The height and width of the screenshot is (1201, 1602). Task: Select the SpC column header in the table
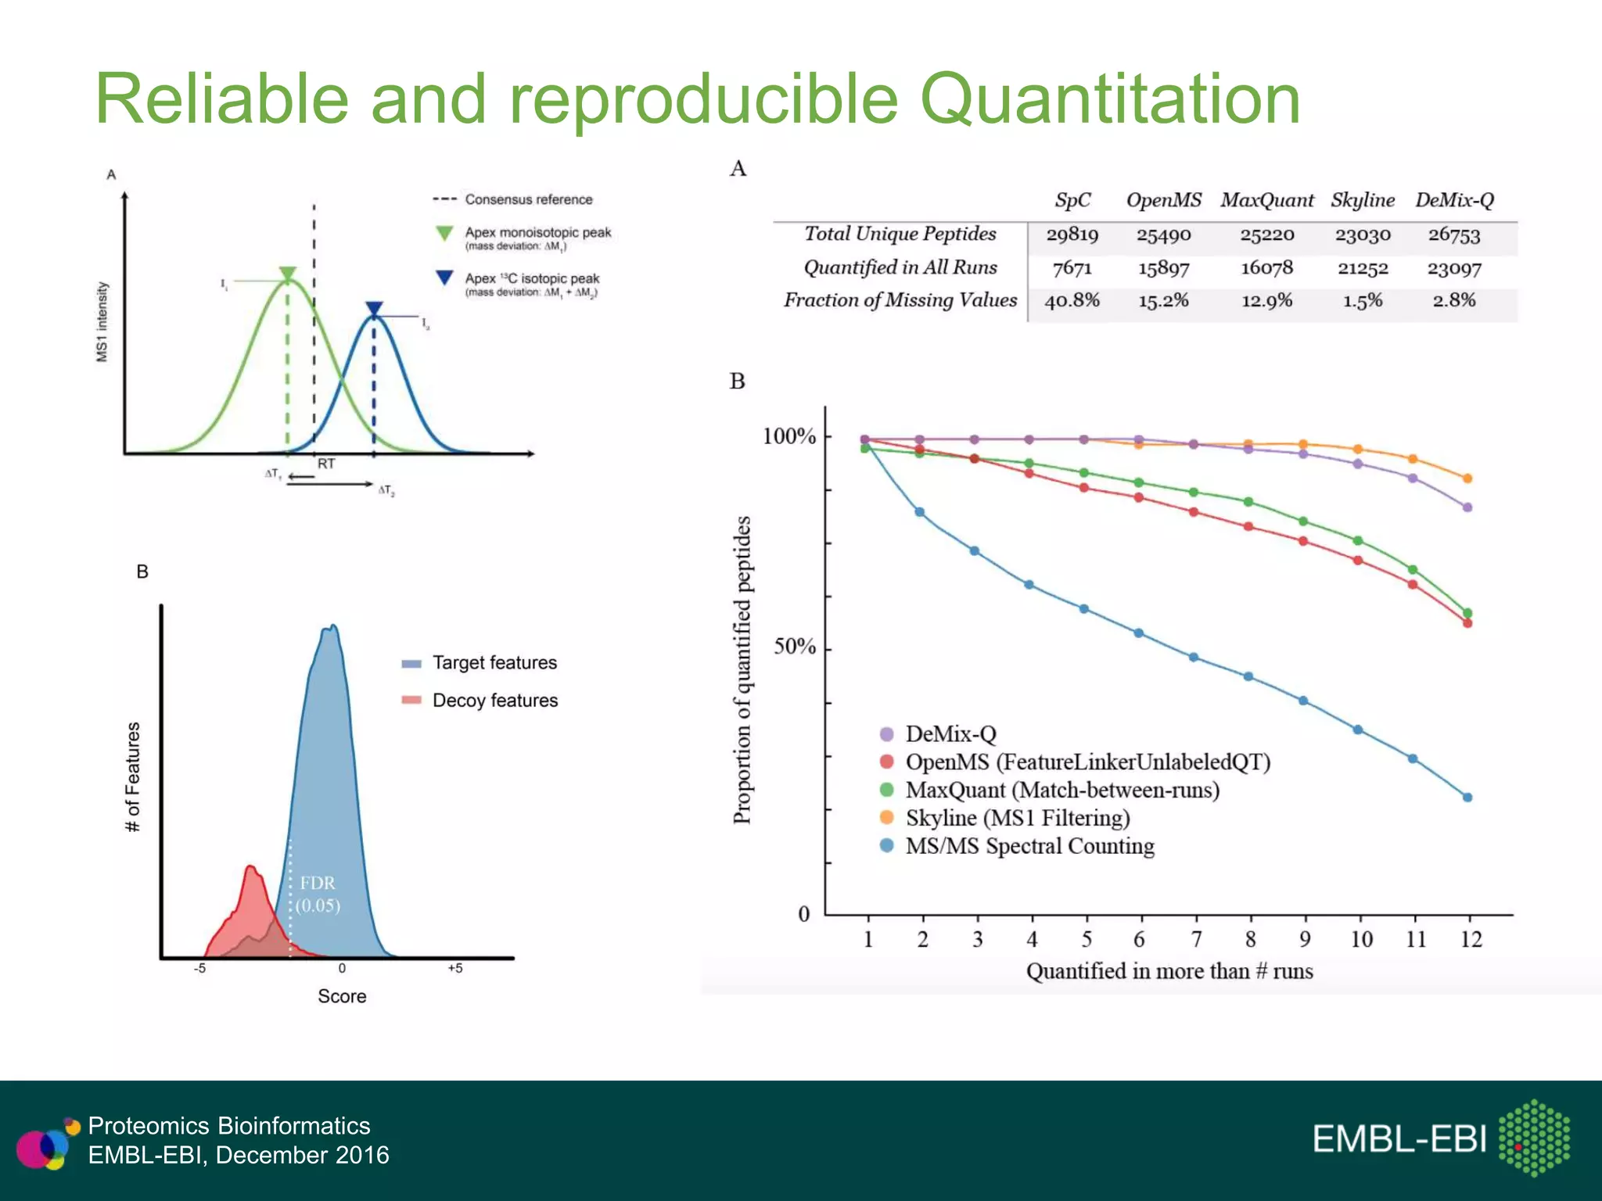point(1072,200)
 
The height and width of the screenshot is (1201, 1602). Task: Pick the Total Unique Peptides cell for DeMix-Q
point(1453,235)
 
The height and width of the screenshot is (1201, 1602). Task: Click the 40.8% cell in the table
point(1072,300)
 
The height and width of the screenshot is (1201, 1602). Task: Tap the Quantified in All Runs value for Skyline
point(1362,268)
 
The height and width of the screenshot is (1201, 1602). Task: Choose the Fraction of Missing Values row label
point(900,300)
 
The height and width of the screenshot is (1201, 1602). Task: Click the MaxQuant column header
point(1266,200)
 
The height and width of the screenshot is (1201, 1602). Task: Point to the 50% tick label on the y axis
point(794,647)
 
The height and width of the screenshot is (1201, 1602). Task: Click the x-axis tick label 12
point(1471,939)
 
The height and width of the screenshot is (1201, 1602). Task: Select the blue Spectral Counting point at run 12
point(1467,798)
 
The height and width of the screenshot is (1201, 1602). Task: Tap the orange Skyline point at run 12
point(1467,479)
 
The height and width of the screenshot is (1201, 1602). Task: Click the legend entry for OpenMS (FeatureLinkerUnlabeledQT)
point(1087,762)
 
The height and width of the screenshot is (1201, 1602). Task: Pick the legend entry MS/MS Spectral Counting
point(1029,846)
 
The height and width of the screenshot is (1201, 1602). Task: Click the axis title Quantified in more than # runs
point(1169,971)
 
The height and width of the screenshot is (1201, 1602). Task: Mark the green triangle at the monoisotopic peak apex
point(288,274)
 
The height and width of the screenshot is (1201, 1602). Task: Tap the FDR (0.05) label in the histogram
point(318,894)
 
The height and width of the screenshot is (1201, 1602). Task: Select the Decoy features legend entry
point(494,700)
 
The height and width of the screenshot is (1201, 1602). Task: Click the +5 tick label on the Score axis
point(454,968)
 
